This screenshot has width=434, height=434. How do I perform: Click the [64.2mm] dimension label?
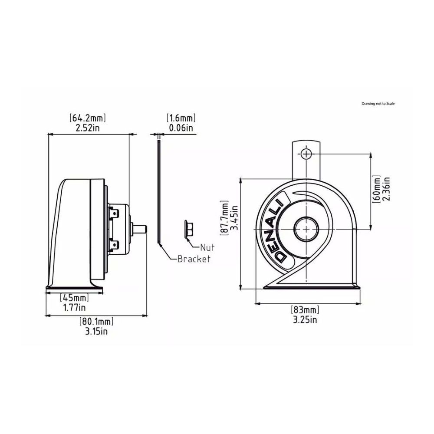(x=88, y=118)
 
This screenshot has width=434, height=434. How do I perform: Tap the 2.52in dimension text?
(x=88, y=128)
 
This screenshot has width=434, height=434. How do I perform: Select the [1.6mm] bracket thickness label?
(x=181, y=118)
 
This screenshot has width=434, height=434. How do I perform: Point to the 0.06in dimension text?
(x=181, y=128)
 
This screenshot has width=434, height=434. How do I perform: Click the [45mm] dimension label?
(x=74, y=298)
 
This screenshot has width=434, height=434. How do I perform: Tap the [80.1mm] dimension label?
(x=96, y=322)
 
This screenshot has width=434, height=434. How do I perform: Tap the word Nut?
(x=207, y=248)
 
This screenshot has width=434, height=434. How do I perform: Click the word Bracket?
(x=194, y=259)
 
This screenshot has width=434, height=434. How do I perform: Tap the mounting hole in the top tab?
(x=306, y=154)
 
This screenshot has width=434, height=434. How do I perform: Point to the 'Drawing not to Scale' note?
(x=378, y=104)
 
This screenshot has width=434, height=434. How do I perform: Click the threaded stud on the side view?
(x=141, y=228)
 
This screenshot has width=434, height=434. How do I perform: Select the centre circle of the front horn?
(x=306, y=229)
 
